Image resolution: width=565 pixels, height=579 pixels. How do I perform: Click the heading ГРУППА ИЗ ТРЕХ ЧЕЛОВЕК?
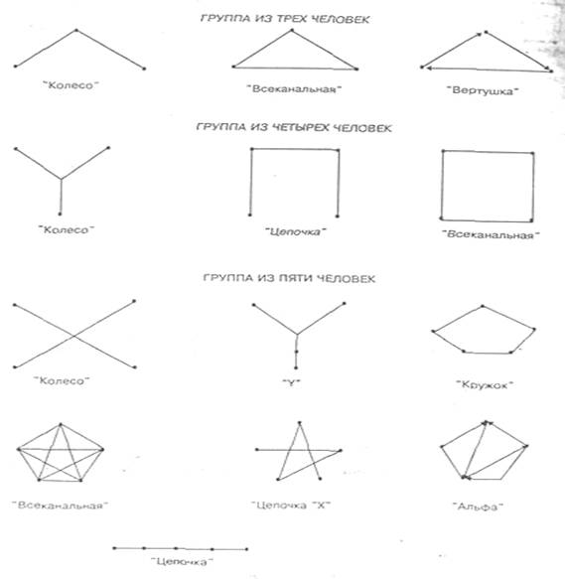coord(285,19)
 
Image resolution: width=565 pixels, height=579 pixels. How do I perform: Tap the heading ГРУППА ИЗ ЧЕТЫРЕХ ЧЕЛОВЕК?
coord(294,128)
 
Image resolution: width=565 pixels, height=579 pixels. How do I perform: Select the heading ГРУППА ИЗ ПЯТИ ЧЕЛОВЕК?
coord(289,278)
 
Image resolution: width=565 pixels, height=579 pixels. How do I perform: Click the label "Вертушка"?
coord(483,90)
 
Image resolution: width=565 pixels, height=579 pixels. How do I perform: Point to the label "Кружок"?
coord(485,384)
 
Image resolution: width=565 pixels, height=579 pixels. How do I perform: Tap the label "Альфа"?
coord(478,507)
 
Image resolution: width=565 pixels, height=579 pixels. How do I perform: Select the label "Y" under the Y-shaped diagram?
coord(291,383)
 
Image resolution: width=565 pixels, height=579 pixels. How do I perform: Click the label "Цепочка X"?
coord(291,506)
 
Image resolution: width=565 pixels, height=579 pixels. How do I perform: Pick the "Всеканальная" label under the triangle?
coord(294,89)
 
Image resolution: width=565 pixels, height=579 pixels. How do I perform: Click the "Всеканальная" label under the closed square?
coord(491,234)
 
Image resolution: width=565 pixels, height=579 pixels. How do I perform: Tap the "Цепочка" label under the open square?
coord(296,231)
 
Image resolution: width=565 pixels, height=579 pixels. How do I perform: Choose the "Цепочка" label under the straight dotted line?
coord(182,562)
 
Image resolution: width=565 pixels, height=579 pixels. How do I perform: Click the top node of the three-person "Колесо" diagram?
coord(76,30)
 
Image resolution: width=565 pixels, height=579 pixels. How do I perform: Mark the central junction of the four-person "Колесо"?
coord(61,180)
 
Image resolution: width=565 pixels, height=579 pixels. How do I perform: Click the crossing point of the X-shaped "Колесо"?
coord(74,336)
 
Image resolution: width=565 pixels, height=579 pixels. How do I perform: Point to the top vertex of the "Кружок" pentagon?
coord(483,306)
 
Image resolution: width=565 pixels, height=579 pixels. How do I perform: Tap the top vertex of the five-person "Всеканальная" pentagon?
coord(61,425)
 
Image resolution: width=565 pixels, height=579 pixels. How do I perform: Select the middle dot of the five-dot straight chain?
coord(176,548)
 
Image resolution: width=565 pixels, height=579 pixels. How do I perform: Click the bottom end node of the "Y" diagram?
coord(296,367)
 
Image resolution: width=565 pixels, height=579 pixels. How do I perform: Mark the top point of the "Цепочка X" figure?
coord(300,422)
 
